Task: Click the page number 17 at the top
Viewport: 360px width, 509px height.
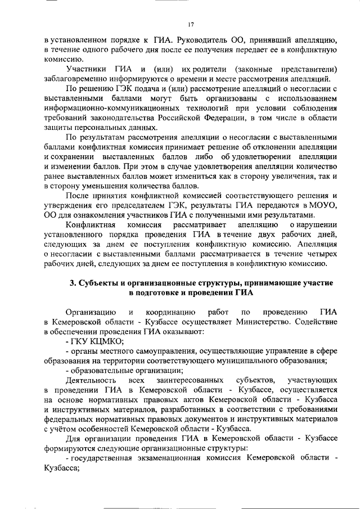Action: [191, 24]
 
